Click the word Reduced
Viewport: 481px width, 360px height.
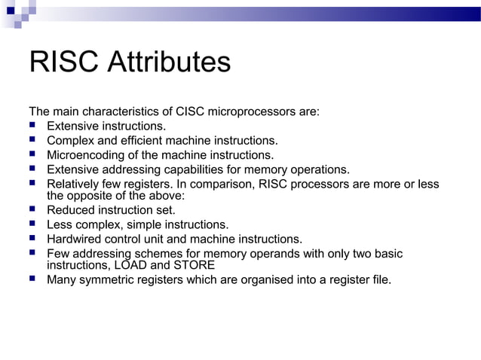coord(70,210)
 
